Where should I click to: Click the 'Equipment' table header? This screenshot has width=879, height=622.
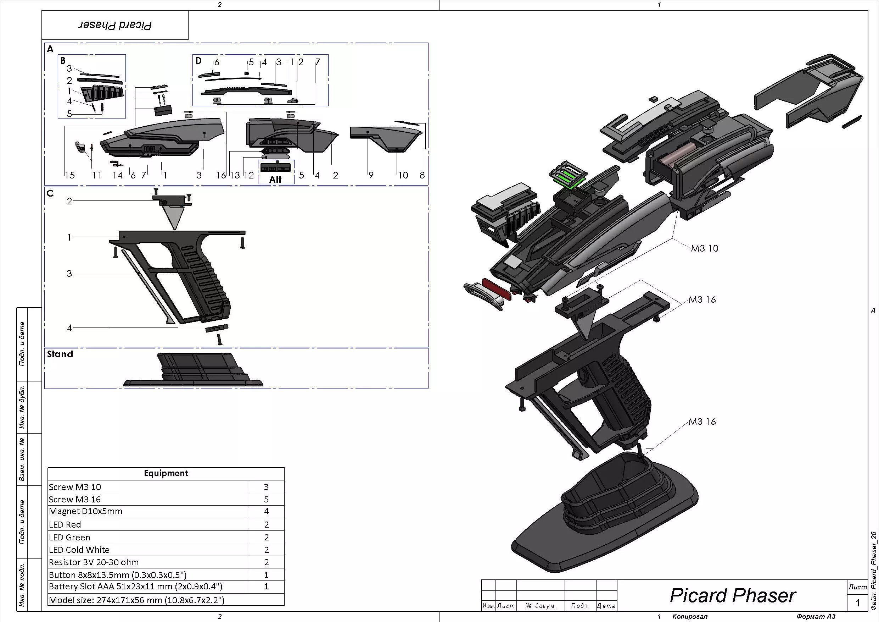point(166,473)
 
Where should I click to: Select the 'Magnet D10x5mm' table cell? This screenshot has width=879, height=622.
point(85,511)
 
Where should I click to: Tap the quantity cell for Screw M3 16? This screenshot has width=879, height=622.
point(267,499)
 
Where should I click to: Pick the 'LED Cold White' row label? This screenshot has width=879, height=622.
point(79,550)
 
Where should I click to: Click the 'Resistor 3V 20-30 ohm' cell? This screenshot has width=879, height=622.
point(94,562)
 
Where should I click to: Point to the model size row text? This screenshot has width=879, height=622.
point(137,600)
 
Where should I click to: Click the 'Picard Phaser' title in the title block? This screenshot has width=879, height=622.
point(733,595)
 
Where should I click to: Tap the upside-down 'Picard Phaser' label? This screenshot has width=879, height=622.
point(115,25)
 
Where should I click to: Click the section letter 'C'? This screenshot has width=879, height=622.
point(50,193)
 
